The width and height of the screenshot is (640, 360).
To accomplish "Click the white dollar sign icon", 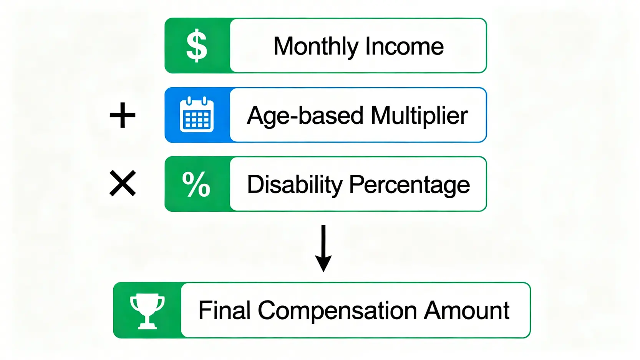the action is [197, 46].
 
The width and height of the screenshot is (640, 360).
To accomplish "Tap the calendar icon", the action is [197, 114].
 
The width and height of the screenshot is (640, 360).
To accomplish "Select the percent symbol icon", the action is [196, 184].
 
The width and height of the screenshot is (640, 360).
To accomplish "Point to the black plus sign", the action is [123, 115].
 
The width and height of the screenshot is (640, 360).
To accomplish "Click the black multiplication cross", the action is [123, 183].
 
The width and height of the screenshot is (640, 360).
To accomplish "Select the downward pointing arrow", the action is [323, 248].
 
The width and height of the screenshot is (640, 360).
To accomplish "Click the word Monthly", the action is [316, 46].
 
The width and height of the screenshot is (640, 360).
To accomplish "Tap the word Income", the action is [404, 46].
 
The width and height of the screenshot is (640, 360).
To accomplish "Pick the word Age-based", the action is [305, 116].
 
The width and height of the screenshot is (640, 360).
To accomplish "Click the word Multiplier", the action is [419, 116].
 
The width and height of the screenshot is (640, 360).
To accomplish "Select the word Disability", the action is [295, 184].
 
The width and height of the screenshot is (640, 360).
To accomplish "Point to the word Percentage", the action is [410, 185].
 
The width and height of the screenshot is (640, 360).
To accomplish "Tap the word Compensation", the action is [337, 311].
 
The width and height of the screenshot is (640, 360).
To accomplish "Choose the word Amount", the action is [467, 310].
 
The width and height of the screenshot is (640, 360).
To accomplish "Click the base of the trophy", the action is [147, 326].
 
